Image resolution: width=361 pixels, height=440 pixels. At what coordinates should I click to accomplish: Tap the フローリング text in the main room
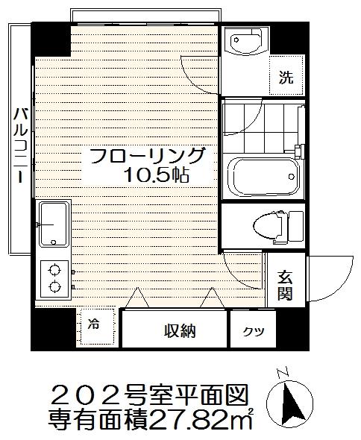(148, 156)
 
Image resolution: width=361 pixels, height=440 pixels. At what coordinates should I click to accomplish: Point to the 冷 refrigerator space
(93, 324)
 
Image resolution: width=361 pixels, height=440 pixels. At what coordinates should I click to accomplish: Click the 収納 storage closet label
(180, 331)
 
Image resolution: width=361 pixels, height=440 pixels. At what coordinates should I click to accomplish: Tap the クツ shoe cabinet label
(254, 331)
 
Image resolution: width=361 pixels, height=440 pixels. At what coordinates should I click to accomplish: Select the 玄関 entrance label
(285, 286)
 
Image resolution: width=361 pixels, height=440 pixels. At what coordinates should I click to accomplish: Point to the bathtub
(263, 176)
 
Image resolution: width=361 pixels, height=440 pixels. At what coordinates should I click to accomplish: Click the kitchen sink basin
(54, 224)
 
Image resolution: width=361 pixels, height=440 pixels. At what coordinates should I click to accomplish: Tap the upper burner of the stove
(54, 271)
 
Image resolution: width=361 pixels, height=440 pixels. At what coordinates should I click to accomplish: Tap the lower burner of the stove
(54, 286)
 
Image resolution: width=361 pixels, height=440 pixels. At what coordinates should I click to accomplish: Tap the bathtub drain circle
(292, 177)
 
